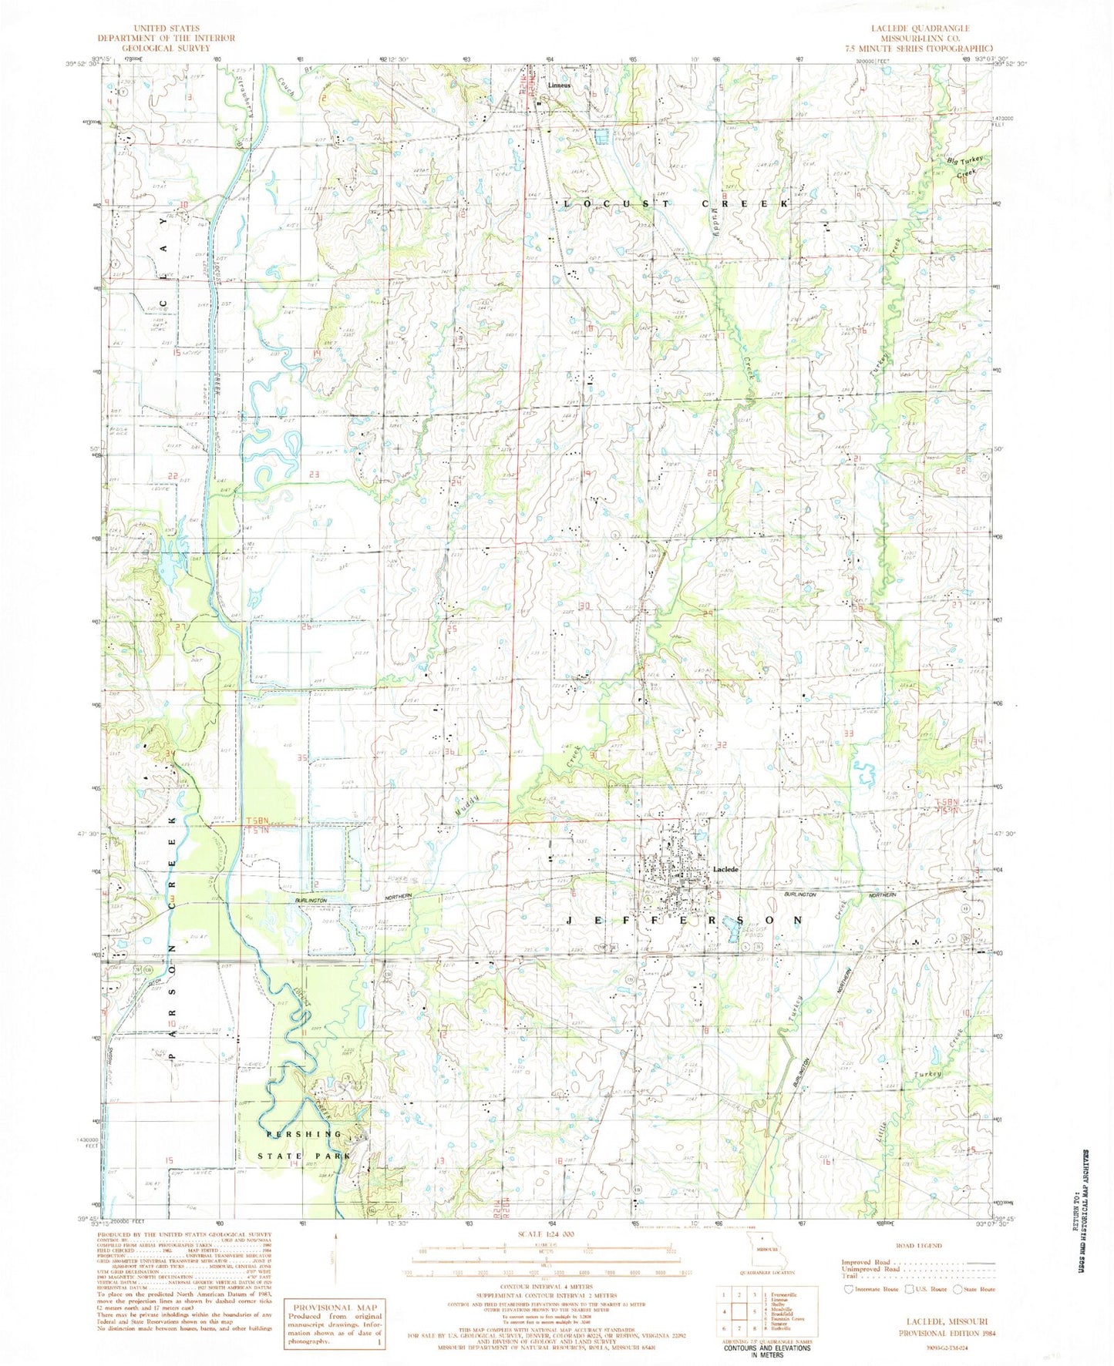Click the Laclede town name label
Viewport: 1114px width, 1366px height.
(x=725, y=869)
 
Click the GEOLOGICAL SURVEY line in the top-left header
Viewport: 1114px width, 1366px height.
(x=150, y=47)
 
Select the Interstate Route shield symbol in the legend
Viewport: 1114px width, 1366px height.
(x=850, y=1288)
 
